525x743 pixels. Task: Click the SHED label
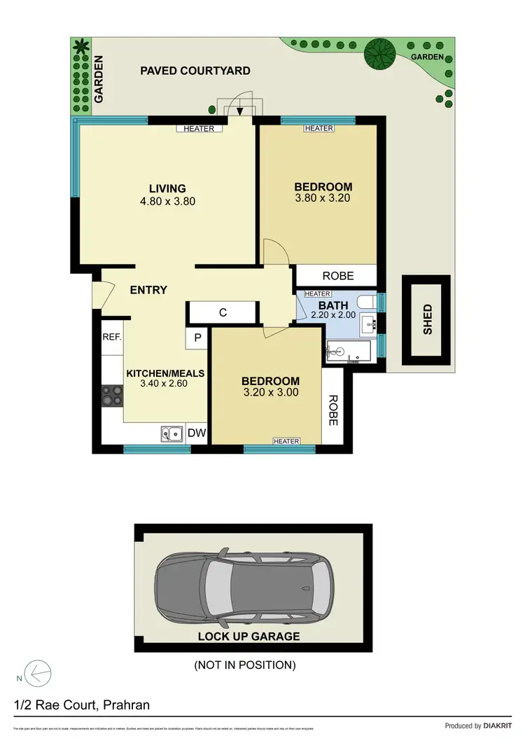(427, 319)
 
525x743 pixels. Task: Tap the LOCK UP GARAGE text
(248, 637)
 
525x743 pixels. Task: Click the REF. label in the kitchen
(112, 337)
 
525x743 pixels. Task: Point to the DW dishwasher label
(197, 433)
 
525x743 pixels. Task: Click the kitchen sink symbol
(171, 434)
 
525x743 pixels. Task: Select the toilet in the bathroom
(367, 302)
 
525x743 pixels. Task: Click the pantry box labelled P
(197, 338)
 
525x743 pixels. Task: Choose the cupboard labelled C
(223, 313)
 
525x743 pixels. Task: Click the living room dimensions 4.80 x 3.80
(167, 201)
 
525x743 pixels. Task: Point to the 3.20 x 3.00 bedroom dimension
(270, 392)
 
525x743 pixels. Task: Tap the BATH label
(333, 305)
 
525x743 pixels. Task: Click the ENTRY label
(148, 290)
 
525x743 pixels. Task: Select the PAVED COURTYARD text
(195, 71)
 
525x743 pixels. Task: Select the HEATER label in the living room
(199, 129)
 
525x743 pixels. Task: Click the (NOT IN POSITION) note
(244, 665)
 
